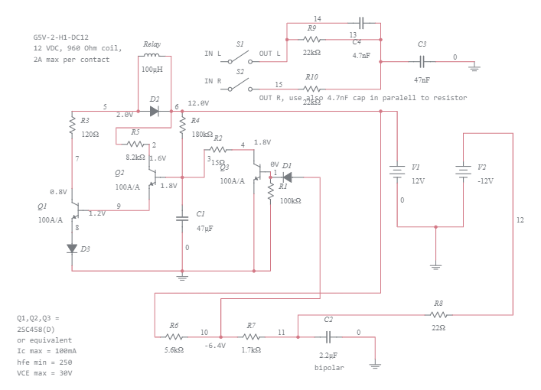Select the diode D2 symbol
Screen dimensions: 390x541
(155, 111)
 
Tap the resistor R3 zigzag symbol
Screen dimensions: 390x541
(73, 124)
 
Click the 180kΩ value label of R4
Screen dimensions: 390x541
(202, 134)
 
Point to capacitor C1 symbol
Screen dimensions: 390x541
(182, 219)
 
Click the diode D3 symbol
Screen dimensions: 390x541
(73, 248)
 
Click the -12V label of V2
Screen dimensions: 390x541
(484, 181)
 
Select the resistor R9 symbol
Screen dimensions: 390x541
(311, 38)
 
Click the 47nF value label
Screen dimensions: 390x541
(422, 80)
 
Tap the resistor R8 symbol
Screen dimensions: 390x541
(438, 314)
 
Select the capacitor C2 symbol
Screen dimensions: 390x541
(329, 336)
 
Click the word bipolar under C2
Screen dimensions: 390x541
(329, 367)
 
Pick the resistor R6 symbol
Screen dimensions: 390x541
(174, 336)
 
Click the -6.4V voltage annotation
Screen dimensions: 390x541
(214, 346)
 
